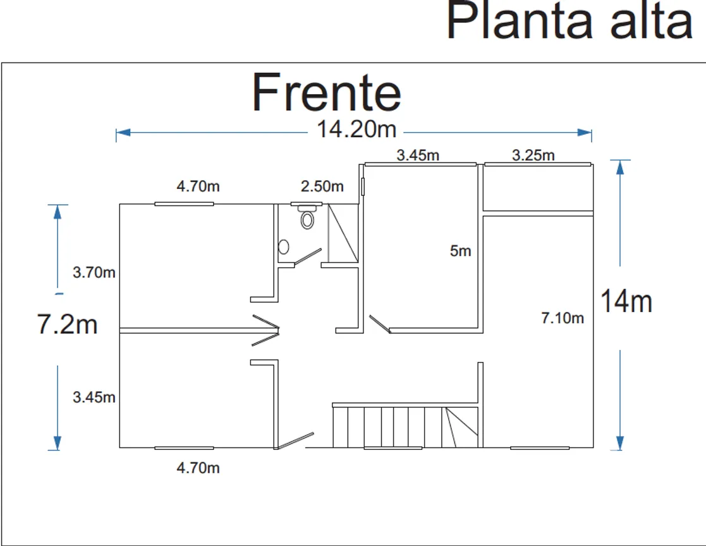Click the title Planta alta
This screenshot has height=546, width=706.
(x=569, y=20)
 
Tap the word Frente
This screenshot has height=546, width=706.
(x=326, y=92)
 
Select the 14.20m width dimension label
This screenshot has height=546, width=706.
(x=356, y=129)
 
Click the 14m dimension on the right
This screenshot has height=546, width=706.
(x=626, y=301)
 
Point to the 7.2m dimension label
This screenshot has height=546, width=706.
(x=67, y=324)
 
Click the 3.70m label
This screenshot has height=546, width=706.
(x=94, y=272)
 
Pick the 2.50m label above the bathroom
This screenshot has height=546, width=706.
(x=322, y=186)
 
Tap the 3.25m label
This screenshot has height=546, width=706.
(x=533, y=155)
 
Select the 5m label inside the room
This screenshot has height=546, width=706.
(x=461, y=251)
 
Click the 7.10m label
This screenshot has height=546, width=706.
(x=563, y=318)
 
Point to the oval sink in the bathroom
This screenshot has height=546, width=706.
(x=284, y=247)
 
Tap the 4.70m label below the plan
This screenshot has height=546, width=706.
(x=198, y=468)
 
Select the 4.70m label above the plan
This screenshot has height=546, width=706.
(x=198, y=186)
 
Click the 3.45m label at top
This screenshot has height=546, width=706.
(x=418, y=155)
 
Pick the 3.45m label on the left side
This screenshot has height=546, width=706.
(x=94, y=397)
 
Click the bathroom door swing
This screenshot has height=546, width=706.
(x=308, y=256)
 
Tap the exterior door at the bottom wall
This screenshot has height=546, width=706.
(x=295, y=440)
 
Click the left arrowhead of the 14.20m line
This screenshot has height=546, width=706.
(x=123, y=132)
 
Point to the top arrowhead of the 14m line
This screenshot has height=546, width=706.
(x=620, y=167)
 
